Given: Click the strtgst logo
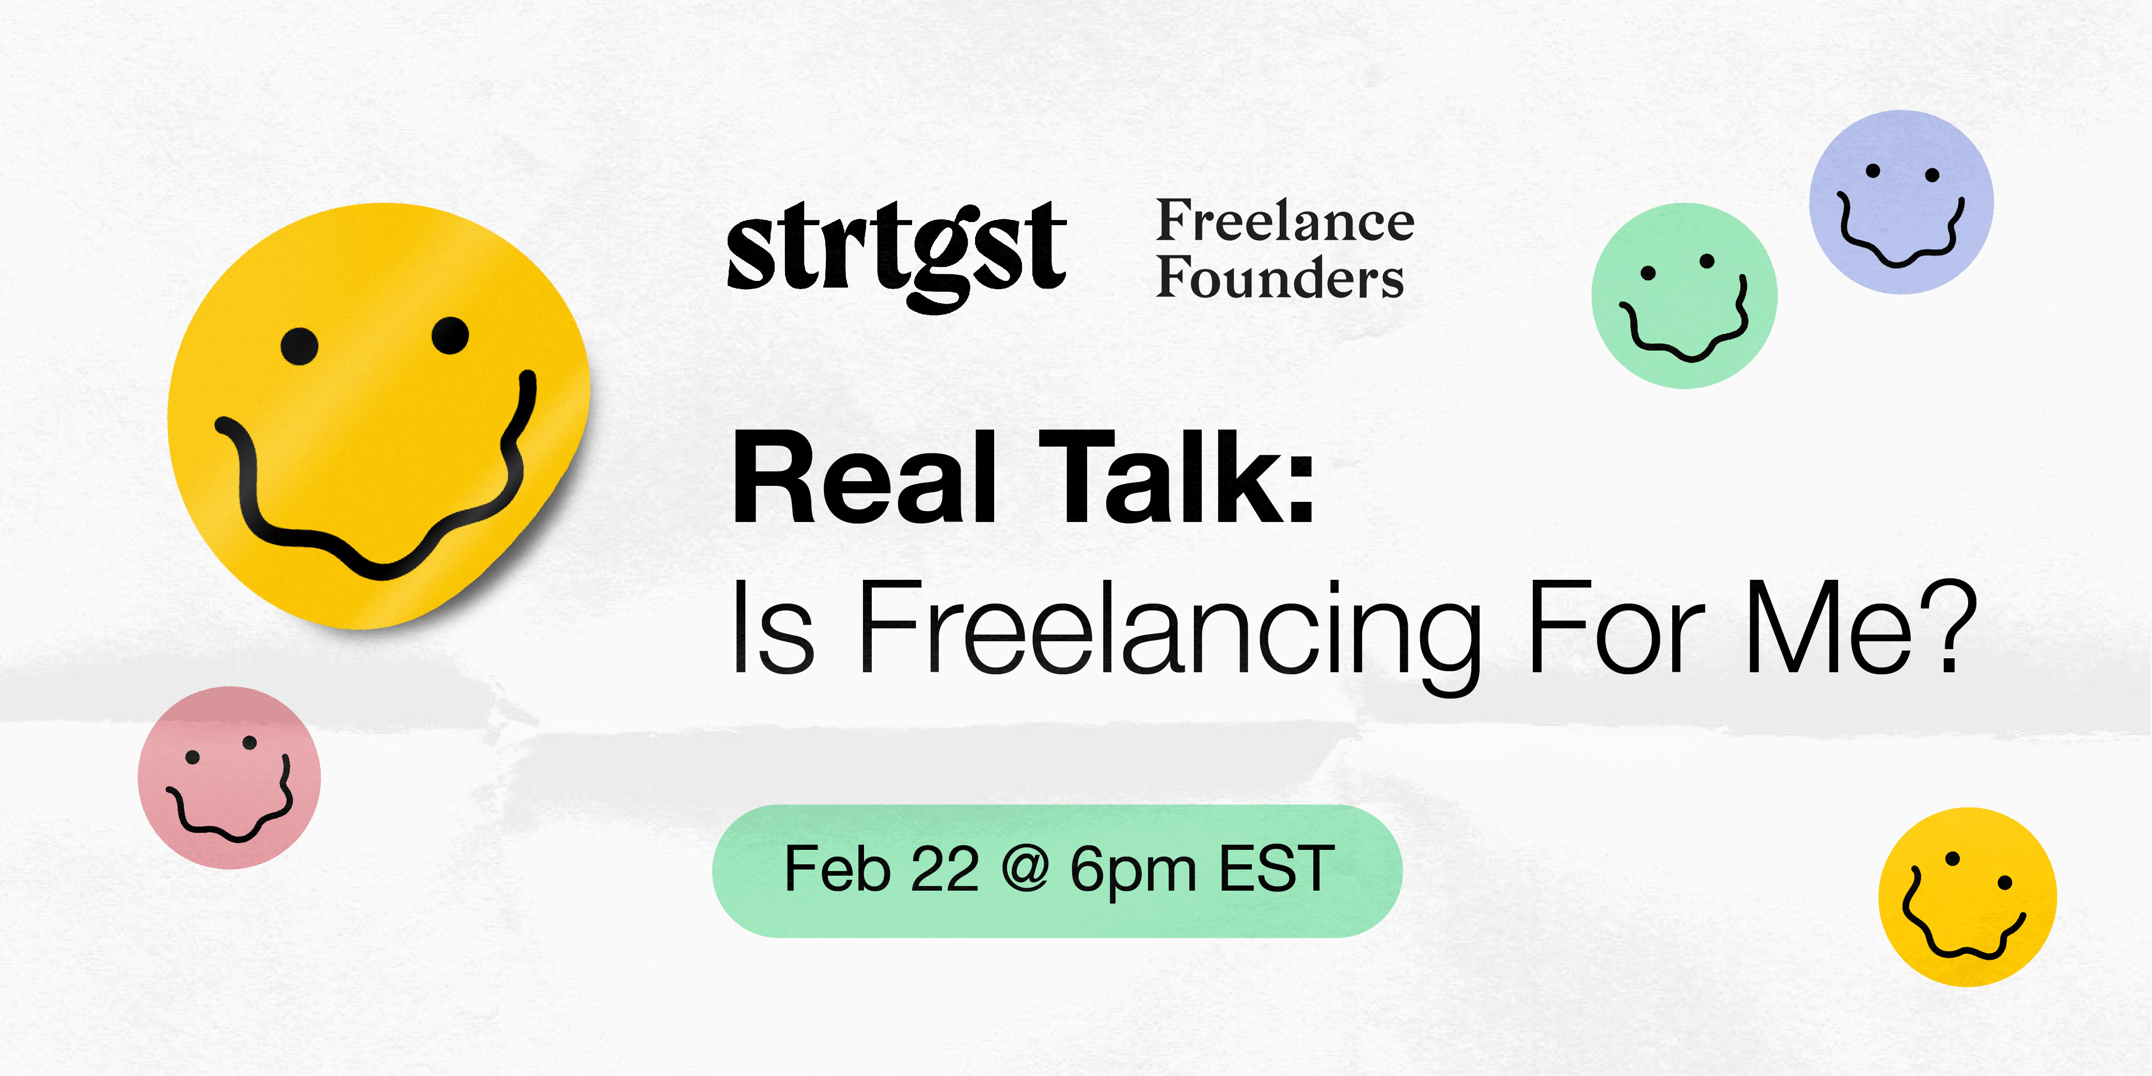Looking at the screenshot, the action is [x=897, y=255].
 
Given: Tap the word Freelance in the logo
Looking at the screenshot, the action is [x=1285, y=221].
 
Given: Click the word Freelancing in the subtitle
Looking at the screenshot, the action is [x=1170, y=635].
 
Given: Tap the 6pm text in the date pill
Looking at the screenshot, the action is [x=1134, y=873].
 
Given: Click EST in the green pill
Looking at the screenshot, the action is [x=1277, y=869].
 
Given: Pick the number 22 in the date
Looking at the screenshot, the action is [x=944, y=869].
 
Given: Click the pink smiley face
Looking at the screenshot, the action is [x=229, y=778].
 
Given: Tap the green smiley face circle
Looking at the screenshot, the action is [x=1684, y=296].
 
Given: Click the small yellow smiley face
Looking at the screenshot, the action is [x=1968, y=897].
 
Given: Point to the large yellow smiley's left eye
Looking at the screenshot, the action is [x=299, y=346].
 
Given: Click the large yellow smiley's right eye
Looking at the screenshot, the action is [x=450, y=336].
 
